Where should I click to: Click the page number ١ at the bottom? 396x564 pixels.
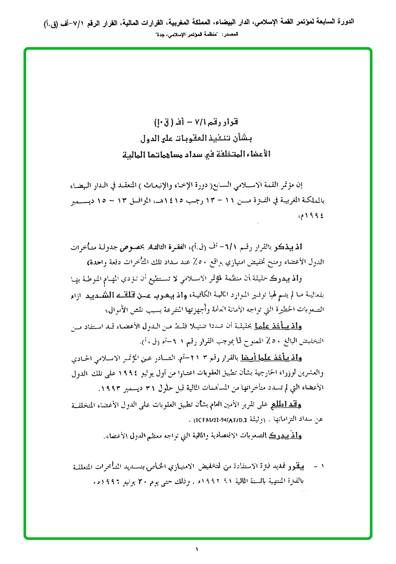point(197,549)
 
